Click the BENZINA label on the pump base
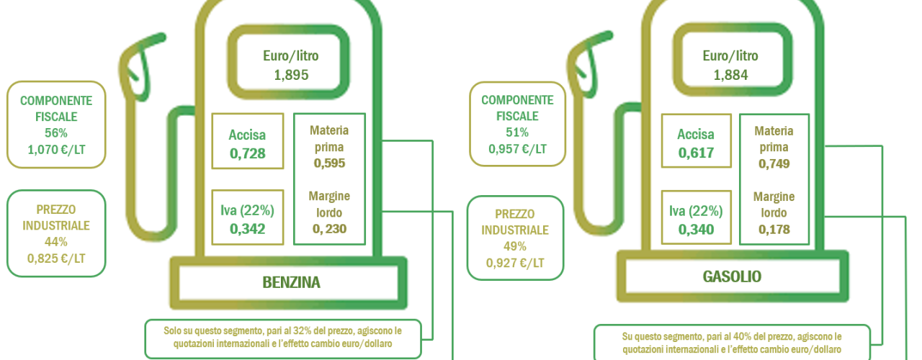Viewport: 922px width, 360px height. pyautogui.click(x=291, y=283)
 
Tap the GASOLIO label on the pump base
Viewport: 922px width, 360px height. pyautogui.click(x=732, y=276)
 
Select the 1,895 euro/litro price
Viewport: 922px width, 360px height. pyautogui.click(x=291, y=75)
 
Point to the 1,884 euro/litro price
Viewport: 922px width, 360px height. pyautogui.click(x=730, y=75)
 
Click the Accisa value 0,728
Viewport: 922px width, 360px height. pyautogui.click(x=247, y=153)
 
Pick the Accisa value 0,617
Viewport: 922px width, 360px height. pyautogui.click(x=696, y=153)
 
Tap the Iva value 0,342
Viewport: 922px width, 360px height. pyautogui.click(x=247, y=229)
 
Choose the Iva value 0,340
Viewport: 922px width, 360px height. pyautogui.click(x=696, y=229)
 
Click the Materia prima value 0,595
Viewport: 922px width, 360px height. pyautogui.click(x=329, y=163)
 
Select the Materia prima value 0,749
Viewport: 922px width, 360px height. pyautogui.click(x=774, y=163)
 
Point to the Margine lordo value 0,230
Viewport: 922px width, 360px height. pyautogui.click(x=329, y=229)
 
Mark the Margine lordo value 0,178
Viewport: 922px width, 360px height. pyautogui.click(x=774, y=229)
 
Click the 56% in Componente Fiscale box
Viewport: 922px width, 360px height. pyautogui.click(x=56, y=133)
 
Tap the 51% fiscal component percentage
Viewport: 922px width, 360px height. pyautogui.click(x=517, y=132)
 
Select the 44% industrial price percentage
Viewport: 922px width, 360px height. pyautogui.click(x=56, y=241)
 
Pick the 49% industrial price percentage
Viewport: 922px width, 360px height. pyautogui.click(x=514, y=246)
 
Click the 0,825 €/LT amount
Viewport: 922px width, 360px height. pyautogui.click(x=56, y=258)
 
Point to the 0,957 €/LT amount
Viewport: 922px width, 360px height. pyautogui.click(x=517, y=149)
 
